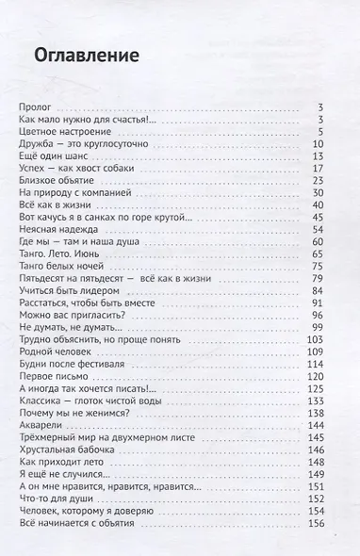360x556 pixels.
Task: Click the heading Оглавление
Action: (80, 56)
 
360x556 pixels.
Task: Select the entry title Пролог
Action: (36, 109)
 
